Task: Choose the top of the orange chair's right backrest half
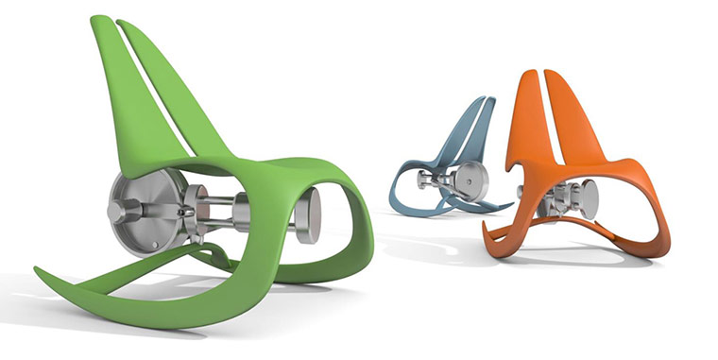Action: pos(556,75)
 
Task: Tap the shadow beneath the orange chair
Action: pos(586,255)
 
